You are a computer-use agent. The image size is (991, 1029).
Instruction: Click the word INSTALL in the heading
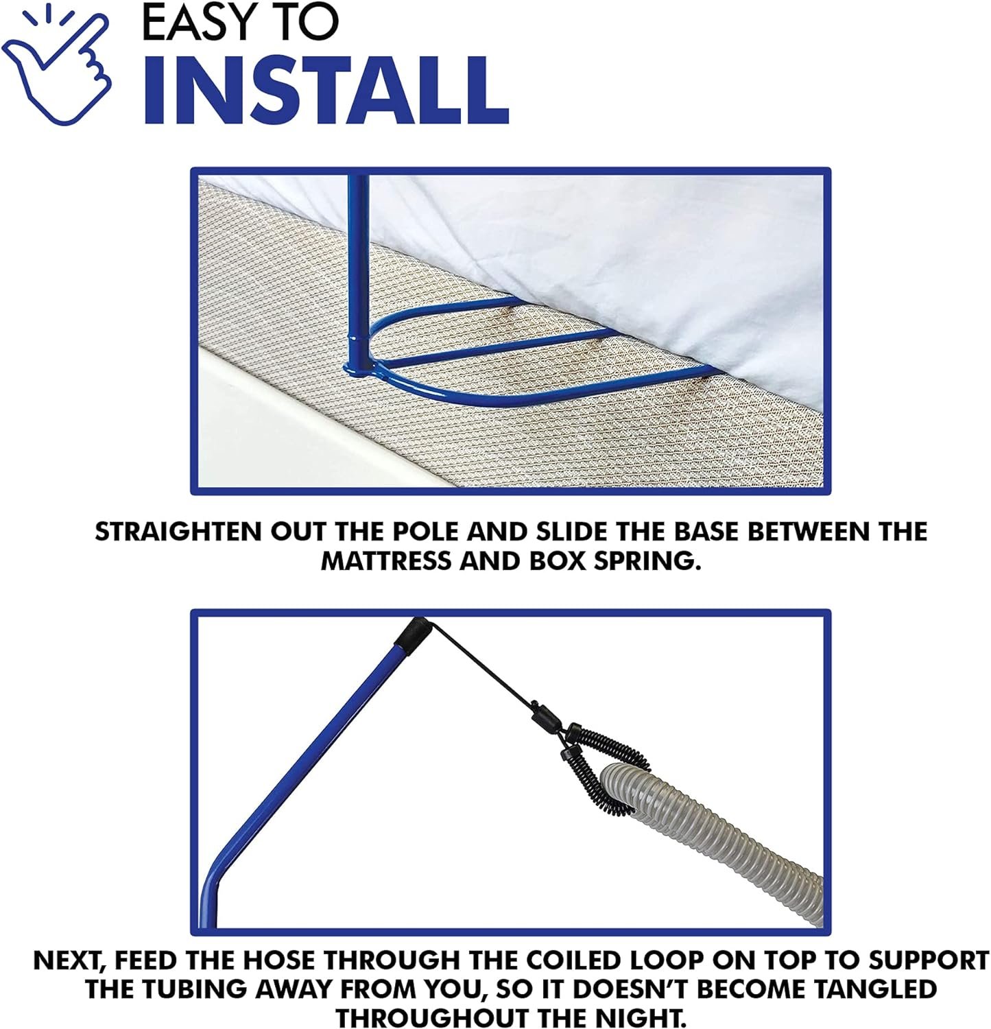[326, 92]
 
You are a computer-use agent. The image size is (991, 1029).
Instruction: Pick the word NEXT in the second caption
[67, 960]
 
